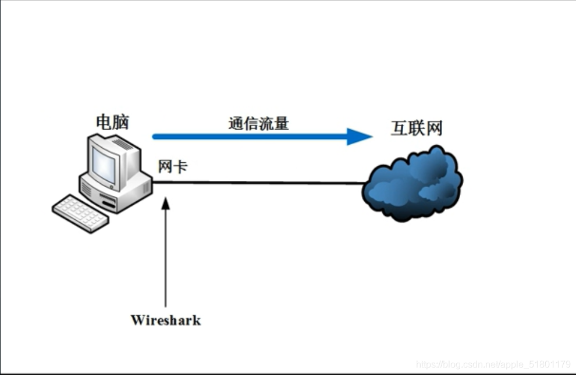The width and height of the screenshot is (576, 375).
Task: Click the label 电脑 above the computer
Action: pos(112,122)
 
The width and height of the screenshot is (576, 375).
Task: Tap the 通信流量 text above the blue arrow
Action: pos(258,123)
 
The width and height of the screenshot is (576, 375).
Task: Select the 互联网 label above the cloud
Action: pos(417,128)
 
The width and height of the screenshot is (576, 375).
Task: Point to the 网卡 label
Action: pos(173,166)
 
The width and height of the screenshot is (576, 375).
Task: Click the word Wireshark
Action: pos(166,320)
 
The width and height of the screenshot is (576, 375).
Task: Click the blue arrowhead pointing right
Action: pos(359,137)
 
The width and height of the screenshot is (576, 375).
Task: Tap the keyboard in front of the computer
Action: pos(80,213)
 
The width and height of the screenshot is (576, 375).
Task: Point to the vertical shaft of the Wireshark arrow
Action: pos(166,256)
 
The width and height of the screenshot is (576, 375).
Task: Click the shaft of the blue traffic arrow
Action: pos(244,137)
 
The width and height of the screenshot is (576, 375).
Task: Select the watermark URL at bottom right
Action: pos(493,365)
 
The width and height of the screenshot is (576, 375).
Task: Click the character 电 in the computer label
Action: pos(104,122)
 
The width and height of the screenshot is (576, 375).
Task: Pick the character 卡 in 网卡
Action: pos(180,166)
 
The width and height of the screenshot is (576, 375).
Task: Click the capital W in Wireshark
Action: pos(137,320)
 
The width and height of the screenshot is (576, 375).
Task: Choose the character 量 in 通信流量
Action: pos(282,123)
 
